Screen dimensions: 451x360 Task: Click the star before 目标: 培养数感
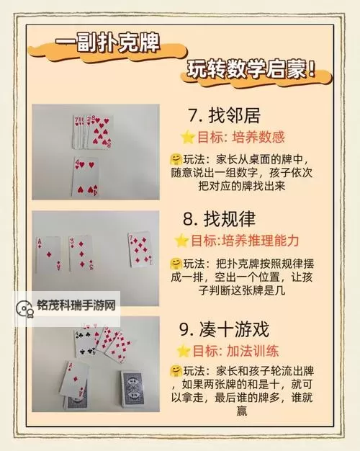[x=187, y=136]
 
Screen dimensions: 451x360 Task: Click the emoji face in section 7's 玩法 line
[x=176, y=158]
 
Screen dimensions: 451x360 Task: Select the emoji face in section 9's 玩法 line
[x=174, y=371]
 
